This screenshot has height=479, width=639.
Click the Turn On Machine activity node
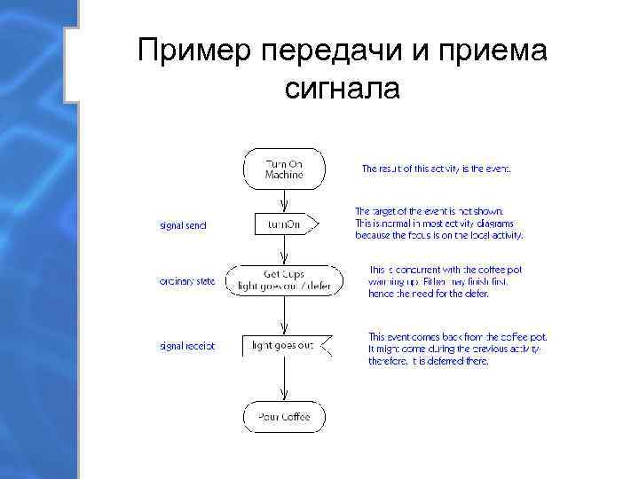coord(284,169)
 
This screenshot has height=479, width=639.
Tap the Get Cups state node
coord(284,279)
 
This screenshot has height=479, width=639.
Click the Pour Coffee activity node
coord(284,416)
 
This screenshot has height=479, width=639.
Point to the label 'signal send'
coord(183,225)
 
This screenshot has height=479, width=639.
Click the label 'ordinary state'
coord(187,282)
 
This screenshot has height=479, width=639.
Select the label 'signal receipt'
coord(187,345)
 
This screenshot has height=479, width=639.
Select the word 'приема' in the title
coord(498,52)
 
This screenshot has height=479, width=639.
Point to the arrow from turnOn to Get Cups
coord(284,251)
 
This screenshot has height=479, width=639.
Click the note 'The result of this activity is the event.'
coord(436,168)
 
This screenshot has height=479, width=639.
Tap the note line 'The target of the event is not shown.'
coord(429,211)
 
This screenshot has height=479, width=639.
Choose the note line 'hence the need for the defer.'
coord(429,294)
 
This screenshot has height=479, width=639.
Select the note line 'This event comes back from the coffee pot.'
coord(458,337)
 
